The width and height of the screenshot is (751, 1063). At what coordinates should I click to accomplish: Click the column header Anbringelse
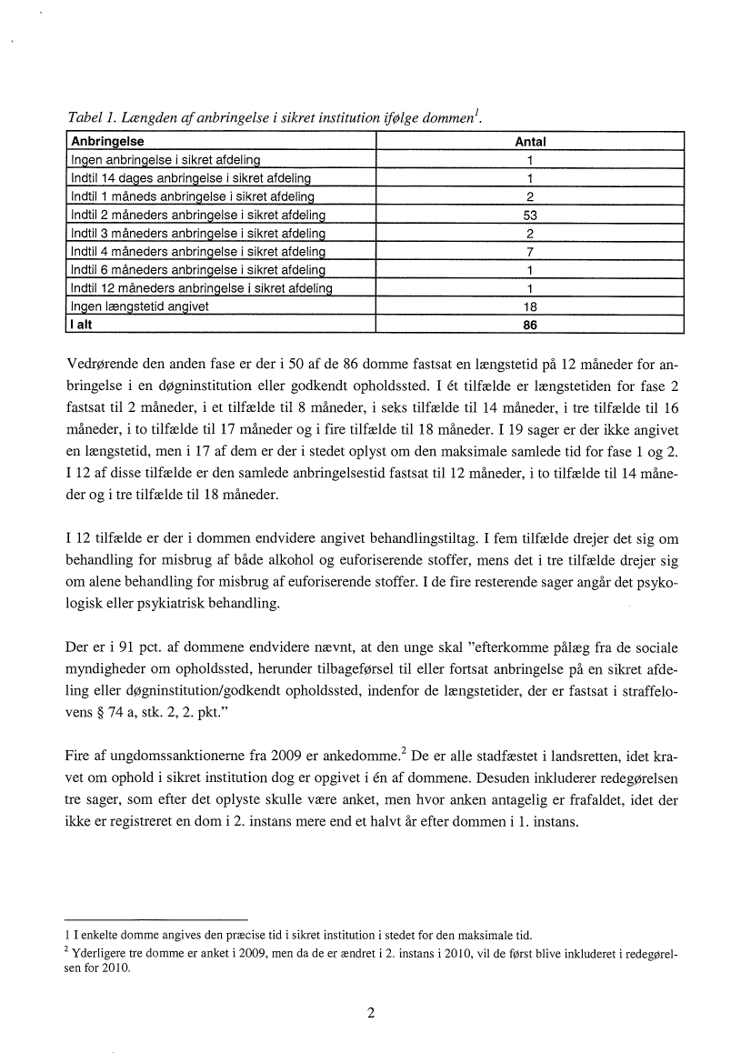pos(107,142)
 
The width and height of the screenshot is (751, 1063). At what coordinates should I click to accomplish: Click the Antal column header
pos(530,142)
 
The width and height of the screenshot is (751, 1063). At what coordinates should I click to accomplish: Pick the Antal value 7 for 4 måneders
pos(529,252)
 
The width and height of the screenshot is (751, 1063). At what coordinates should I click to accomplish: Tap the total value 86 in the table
pos(529,325)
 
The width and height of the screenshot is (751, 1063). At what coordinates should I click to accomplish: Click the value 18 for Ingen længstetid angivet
pos(529,306)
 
